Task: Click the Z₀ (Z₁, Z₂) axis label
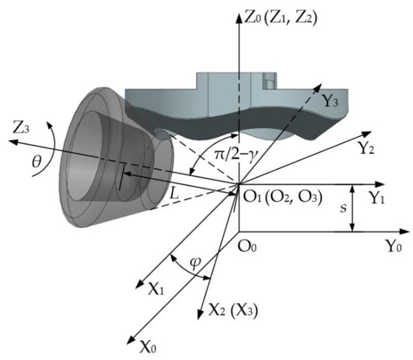(x=280, y=19)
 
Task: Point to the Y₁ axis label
(x=375, y=198)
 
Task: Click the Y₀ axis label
(x=393, y=247)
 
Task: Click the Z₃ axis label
(x=20, y=129)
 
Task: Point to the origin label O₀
(x=247, y=247)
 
